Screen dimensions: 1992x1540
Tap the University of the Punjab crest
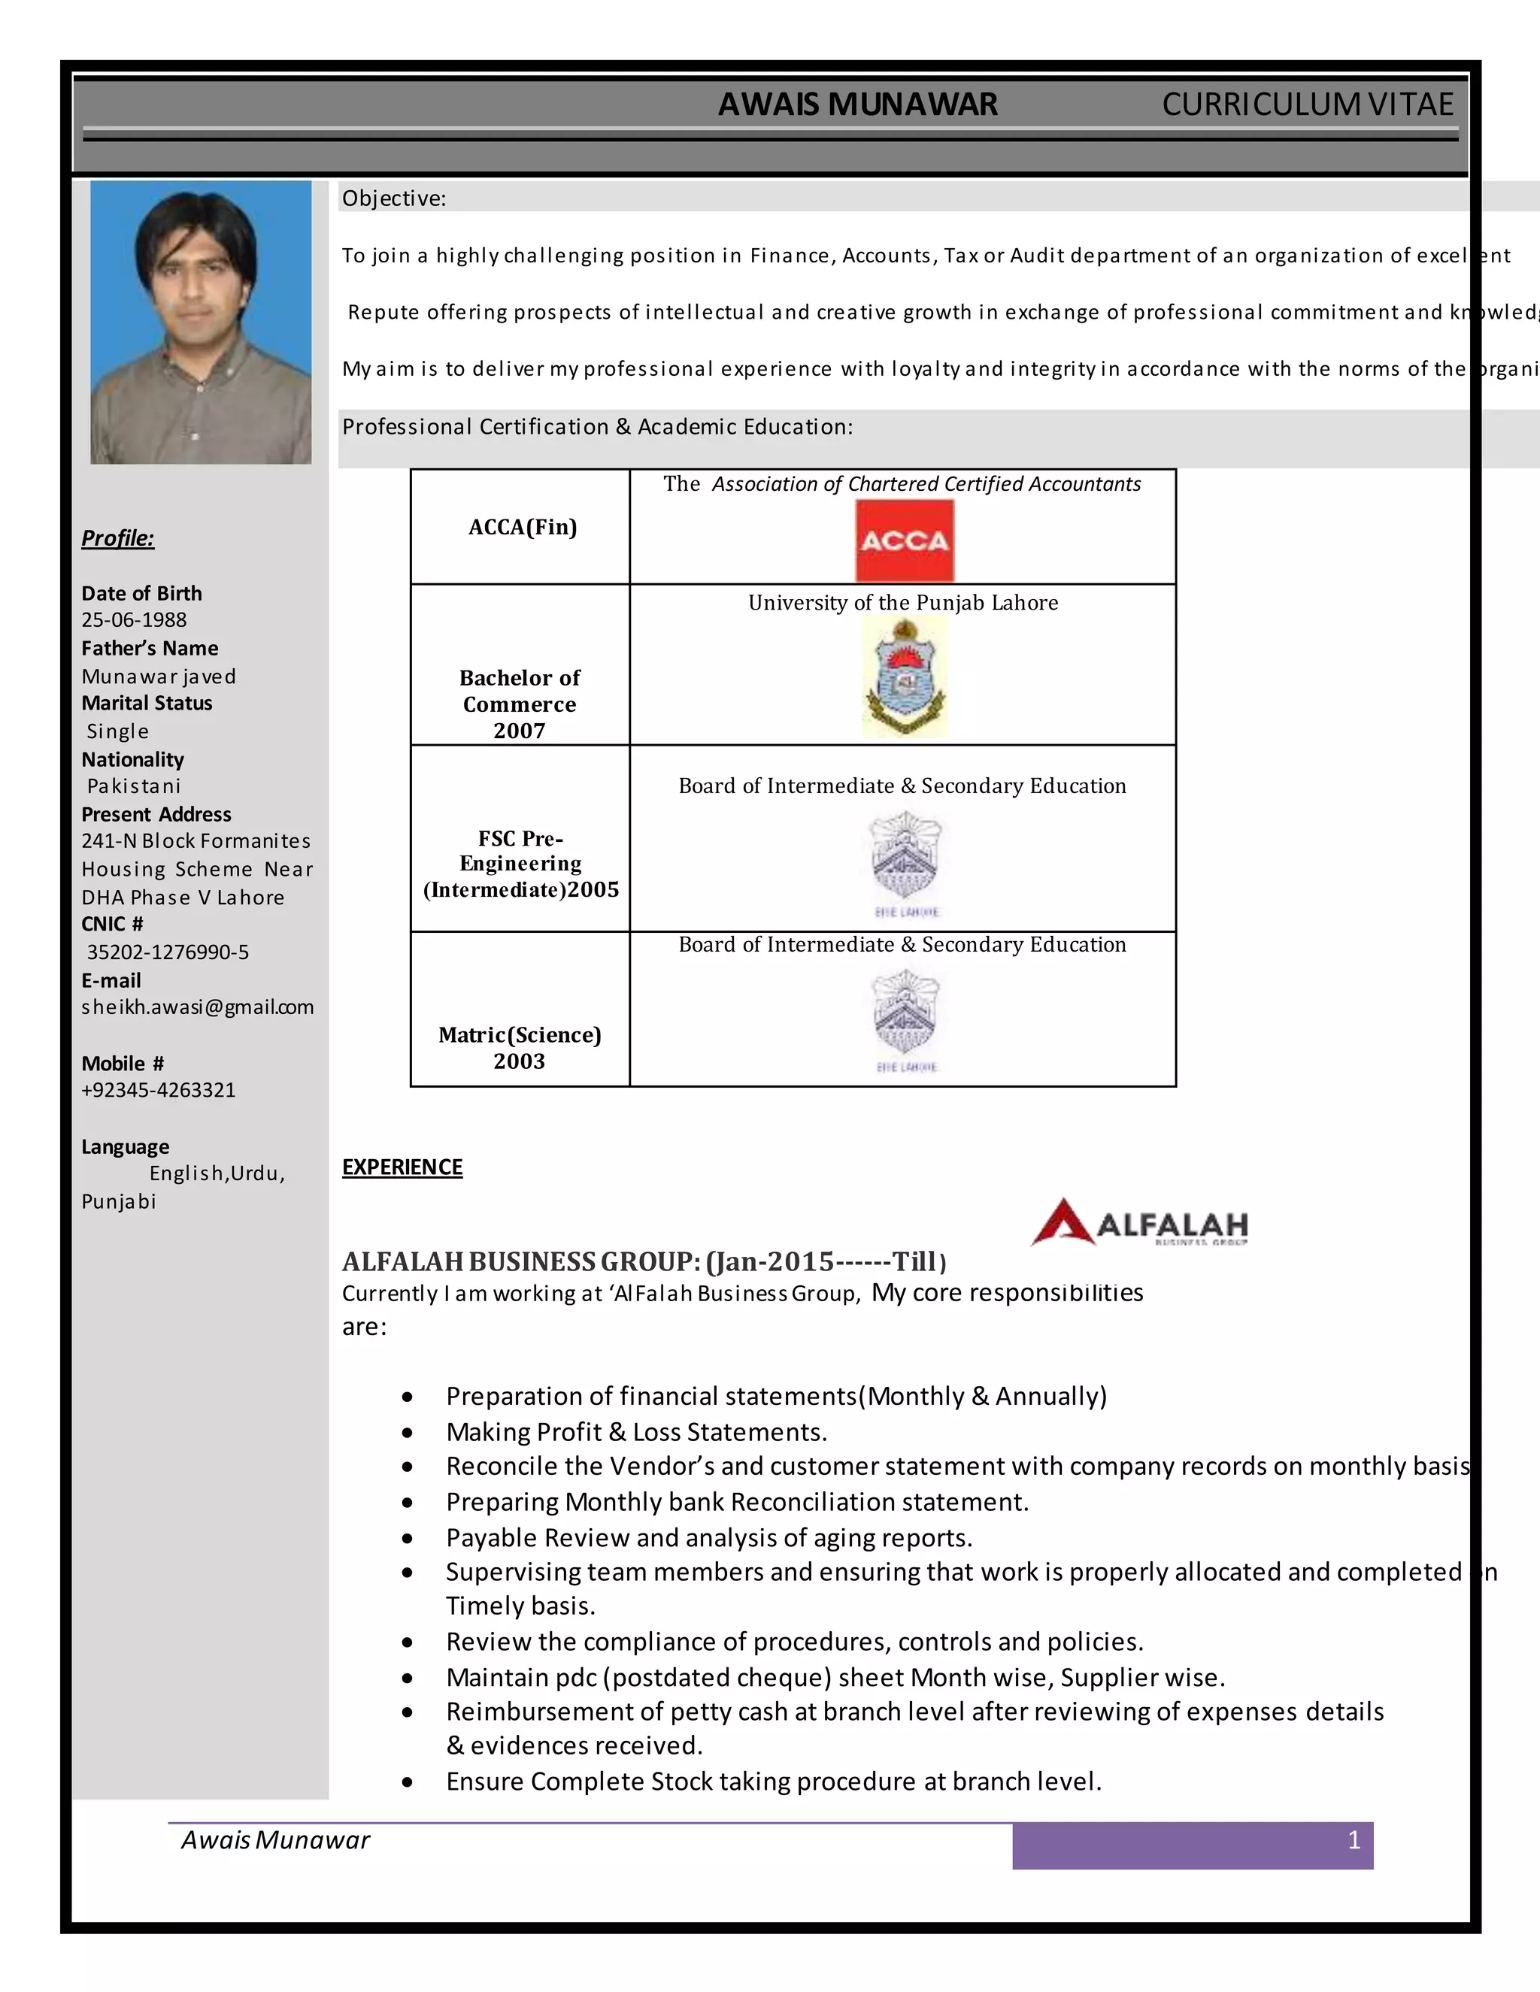tap(904, 676)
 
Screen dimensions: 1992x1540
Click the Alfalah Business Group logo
tap(1139, 1222)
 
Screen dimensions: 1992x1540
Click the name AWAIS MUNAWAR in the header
tap(857, 105)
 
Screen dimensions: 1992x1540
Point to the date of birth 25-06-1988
tap(134, 620)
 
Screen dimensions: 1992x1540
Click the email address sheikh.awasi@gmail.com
tap(197, 1007)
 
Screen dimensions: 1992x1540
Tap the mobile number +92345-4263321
tap(159, 1090)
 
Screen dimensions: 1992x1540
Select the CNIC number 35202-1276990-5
tap(168, 952)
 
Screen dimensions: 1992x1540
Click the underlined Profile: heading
tap(118, 538)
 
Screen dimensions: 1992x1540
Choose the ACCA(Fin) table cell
tap(522, 527)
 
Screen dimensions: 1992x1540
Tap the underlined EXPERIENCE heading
tap(402, 1167)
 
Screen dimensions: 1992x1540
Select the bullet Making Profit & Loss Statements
tap(636, 1432)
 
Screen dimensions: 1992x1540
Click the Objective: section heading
tap(394, 199)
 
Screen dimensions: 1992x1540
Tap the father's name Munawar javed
tap(159, 677)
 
